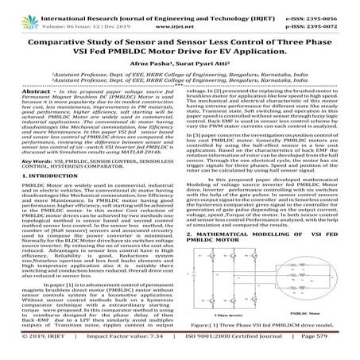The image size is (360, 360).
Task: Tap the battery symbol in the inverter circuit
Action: pos(201,285)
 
